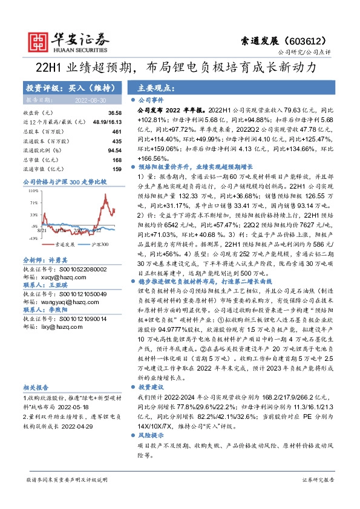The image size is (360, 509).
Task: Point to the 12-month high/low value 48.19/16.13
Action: (x=106, y=122)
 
